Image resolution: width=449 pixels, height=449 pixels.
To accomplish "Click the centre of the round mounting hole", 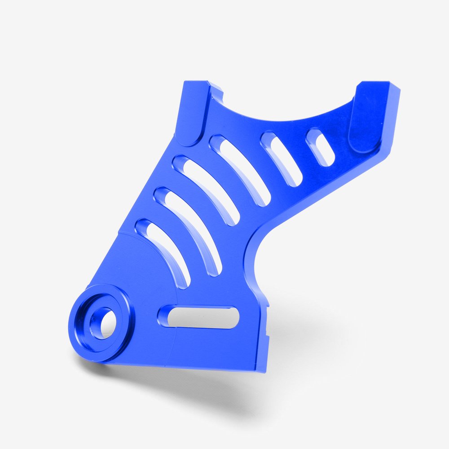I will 101,321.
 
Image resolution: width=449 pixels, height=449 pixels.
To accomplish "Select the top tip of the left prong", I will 196,83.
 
